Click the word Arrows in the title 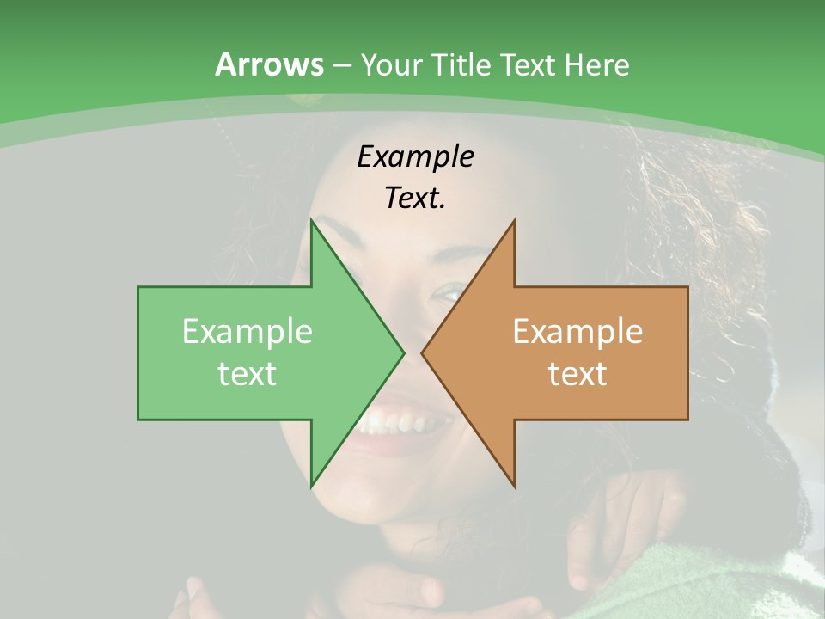pos(269,64)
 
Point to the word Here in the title pos(596,64)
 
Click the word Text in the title pos(529,64)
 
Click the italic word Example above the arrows pos(416,156)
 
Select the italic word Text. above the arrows pos(416,199)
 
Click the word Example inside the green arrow pos(247,332)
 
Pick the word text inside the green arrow pos(247,373)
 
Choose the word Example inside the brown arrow pos(577,332)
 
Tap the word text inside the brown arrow pos(577,373)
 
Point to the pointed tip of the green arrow pos(403,352)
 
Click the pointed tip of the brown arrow pos(422,352)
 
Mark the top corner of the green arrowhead pos(312,221)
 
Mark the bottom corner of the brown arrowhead pos(514,486)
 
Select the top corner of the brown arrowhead pos(514,221)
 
